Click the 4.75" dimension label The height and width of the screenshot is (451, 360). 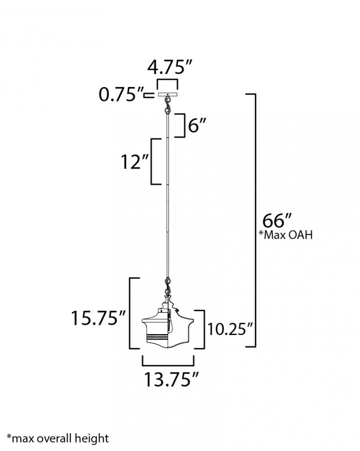pyautogui.click(x=169, y=67)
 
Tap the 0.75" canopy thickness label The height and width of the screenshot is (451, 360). pyautogui.click(x=121, y=94)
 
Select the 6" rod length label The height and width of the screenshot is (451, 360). pyautogui.click(x=197, y=125)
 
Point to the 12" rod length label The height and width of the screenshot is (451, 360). pyautogui.click(x=135, y=161)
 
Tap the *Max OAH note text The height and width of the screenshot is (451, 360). pyautogui.click(x=286, y=235)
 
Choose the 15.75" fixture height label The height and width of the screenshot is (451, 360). pyautogui.click(x=99, y=318)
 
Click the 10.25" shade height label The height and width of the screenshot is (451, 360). pyautogui.click(x=230, y=329)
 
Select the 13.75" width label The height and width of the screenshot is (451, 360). pyautogui.click(x=171, y=379)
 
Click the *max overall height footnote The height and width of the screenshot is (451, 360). pyautogui.click(x=58, y=439)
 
